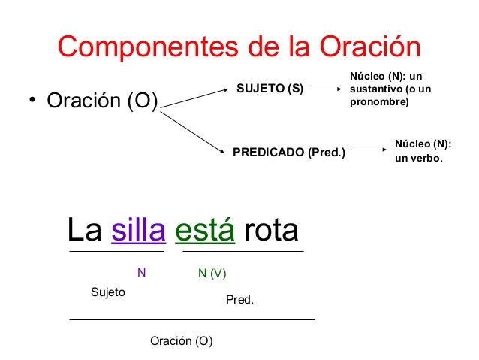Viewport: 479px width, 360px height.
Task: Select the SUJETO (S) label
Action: click(270, 89)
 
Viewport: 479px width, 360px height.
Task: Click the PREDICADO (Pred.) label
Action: click(289, 153)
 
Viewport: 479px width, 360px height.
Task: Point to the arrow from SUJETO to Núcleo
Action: click(324, 89)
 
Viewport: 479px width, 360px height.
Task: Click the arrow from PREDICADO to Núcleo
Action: click(367, 152)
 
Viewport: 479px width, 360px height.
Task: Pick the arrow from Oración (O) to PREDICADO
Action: click(194, 131)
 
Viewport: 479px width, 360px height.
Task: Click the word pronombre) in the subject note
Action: click(379, 101)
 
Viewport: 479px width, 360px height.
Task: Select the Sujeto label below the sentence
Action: click(107, 292)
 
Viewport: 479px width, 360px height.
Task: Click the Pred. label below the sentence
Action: click(240, 300)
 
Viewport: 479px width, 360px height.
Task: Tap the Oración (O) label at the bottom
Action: click(182, 341)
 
